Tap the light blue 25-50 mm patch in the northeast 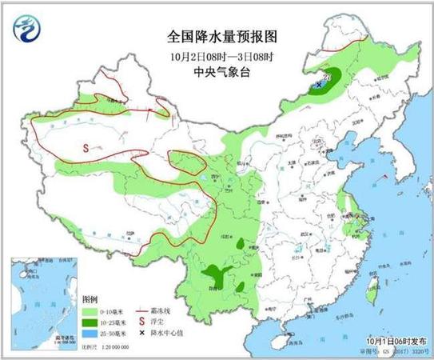coord(325,78)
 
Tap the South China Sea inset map coord(45,299)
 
